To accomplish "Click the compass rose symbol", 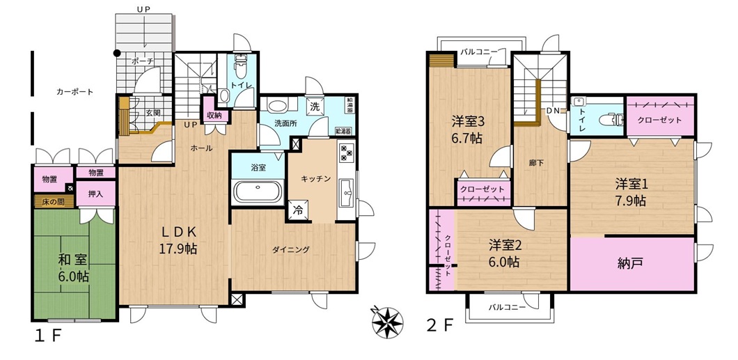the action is tap(388, 322).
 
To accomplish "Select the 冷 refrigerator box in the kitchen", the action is tap(297, 210).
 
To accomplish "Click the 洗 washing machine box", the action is tap(315, 105).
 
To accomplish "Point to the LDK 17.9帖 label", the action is tap(177, 240).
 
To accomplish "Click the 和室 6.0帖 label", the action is tap(73, 267).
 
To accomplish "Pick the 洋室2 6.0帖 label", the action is tap(505, 253).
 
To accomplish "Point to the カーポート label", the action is tap(74, 92).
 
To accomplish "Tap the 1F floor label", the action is tap(48, 336).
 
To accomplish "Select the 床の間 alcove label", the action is tap(53, 203).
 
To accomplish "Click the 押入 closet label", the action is tap(95, 194).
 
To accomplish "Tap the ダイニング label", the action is tap(291, 249).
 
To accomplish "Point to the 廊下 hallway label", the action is tap(533, 163).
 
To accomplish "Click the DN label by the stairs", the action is tap(553, 111).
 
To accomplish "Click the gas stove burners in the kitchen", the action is tap(347, 152).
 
